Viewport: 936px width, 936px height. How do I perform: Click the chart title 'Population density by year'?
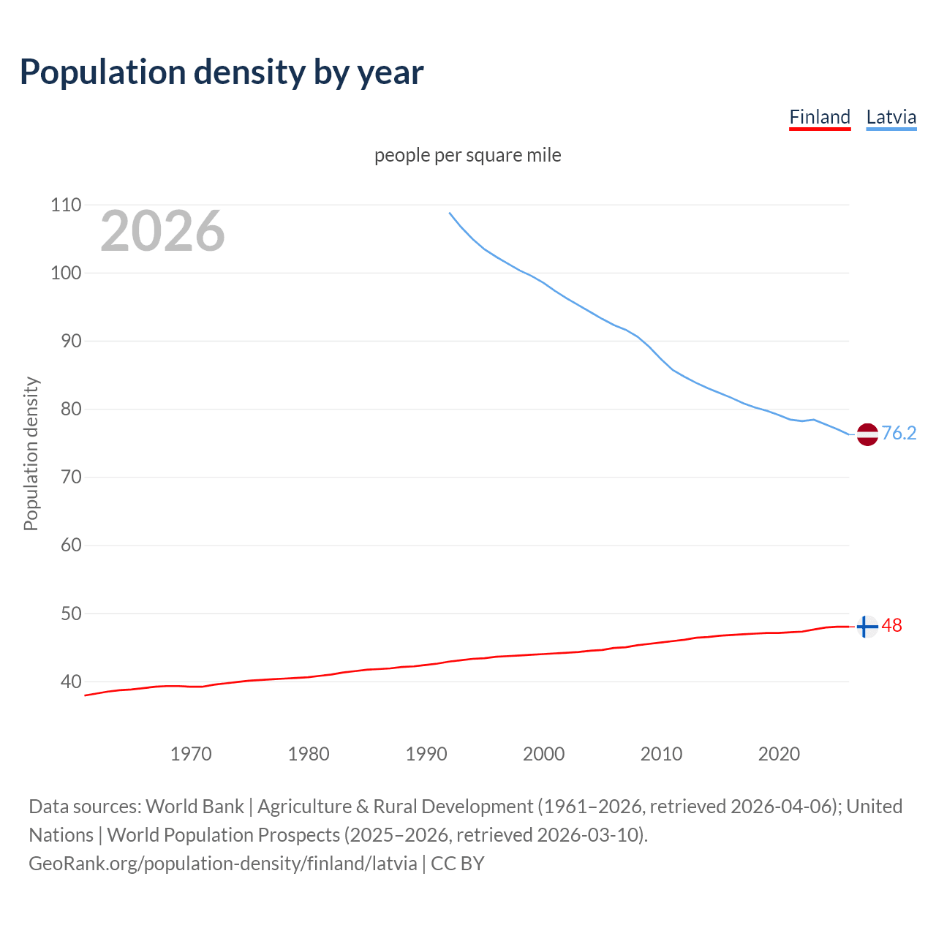(x=222, y=72)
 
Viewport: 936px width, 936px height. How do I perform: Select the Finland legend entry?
(x=820, y=117)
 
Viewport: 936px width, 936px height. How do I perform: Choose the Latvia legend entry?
(x=891, y=117)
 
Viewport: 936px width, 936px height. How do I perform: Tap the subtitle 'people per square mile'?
(x=467, y=156)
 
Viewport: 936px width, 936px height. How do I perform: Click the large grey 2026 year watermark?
(x=162, y=231)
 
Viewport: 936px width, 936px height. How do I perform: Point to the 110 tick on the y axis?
(x=66, y=205)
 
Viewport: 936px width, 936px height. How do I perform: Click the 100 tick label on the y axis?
(x=66, y=273)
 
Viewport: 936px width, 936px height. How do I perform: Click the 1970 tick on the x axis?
(x=191, y=754)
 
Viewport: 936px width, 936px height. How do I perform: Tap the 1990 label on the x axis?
(x=426, y=754)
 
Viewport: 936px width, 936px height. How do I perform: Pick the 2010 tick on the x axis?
(x=661, y=754)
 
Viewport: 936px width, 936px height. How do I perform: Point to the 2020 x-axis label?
(x=779, y=754)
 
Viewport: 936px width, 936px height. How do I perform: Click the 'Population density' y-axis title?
(x=31, y=453)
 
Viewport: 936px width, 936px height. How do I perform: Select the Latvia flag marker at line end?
(x=867, y=434)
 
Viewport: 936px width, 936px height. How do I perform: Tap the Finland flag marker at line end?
(x=867, y=627)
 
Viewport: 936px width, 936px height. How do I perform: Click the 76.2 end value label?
(x=899, y=434)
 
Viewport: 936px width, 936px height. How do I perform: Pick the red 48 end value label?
(x=891, y=626)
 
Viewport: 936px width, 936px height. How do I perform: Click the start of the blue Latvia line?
(x=450, y=213)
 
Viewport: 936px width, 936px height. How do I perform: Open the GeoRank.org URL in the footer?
(x=223, y=864)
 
